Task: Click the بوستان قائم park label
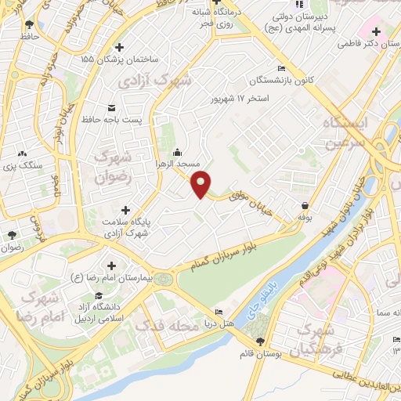[x=260, y=354]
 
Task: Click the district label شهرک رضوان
[x=113, y=167]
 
